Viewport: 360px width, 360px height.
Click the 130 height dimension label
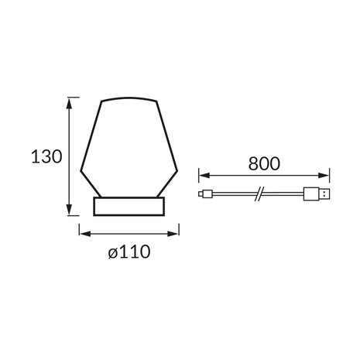pyautogui.click(x=46, y=156)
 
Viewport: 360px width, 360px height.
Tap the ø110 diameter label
pyautogui.click(x=129, y=252)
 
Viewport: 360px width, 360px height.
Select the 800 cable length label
pyautogui.click(x=264, y=163)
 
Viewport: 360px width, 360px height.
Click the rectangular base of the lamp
pyautogui.click(x=129, y=206)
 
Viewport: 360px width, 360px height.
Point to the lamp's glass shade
pyautogui.click(x=129, y=147)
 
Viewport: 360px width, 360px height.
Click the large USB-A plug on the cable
pyautogui.click(x=317, y=194)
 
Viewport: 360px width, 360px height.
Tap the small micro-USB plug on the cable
pyautogui.click(x=205, y=194)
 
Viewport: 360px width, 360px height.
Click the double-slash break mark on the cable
pyautogui.click(x=259, y=194)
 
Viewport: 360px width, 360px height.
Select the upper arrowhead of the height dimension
pyautogui.click(x=69, y=103)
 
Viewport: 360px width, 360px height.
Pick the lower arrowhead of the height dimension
pyautogui.click(x=69, y=209)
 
